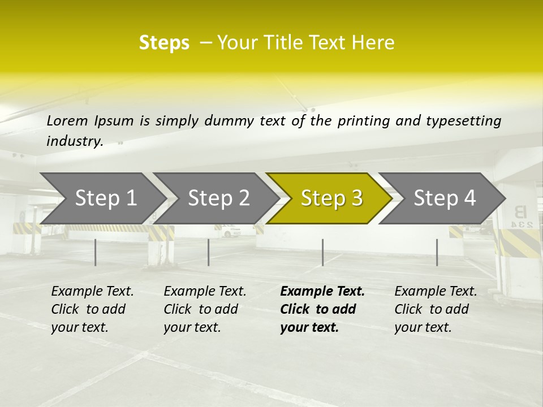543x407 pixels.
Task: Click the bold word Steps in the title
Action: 164,43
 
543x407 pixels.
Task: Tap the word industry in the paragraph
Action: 74,141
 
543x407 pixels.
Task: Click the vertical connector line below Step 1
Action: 96,252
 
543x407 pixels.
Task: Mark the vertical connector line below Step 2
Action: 209,252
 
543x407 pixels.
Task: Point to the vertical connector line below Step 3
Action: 322,252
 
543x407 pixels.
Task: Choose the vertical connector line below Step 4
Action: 437,252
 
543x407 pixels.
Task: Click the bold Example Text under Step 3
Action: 322,292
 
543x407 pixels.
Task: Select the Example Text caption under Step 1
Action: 92,292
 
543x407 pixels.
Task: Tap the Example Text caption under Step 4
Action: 436,292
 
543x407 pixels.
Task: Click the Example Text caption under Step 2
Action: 205,292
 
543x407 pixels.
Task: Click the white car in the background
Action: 229,231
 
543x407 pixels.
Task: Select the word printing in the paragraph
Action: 358,120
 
